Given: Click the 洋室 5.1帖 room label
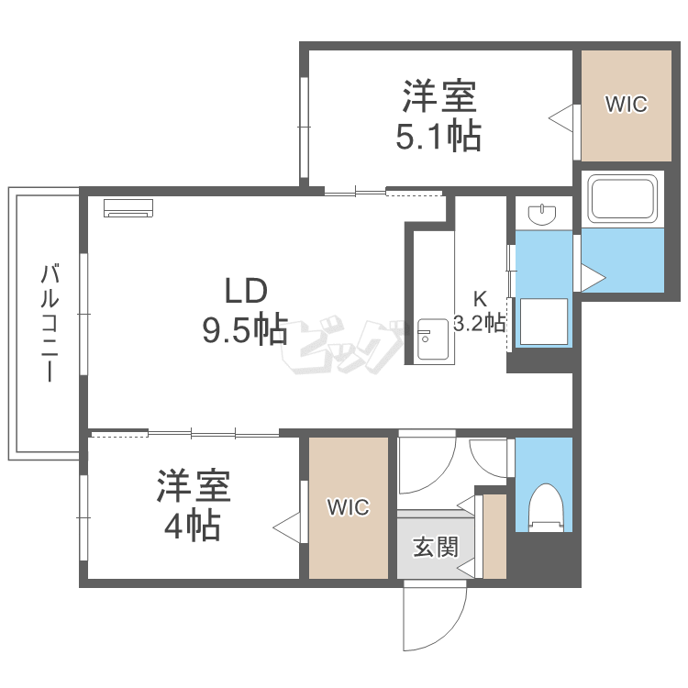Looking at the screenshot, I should [x=438, y=117].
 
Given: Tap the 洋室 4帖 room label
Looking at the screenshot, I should [x=193, y=505].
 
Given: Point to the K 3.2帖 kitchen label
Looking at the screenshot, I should [x=480, y=311].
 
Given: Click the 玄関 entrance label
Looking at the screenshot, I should [x=435, y=548].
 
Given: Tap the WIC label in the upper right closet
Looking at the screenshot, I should [x=626, y=105].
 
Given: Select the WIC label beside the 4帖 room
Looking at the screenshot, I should [x=348, y=507].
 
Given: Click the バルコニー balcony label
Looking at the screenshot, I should [x=50, y=323].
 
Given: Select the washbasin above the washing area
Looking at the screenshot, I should [x=543, y=215].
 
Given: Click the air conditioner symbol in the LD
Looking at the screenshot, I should [x=129, y=208].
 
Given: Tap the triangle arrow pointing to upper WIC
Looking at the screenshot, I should [x=561, y=117].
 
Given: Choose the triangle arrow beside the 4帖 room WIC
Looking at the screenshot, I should [x=287, y=529].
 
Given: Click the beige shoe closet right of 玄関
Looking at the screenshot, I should [x=495, y=537].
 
